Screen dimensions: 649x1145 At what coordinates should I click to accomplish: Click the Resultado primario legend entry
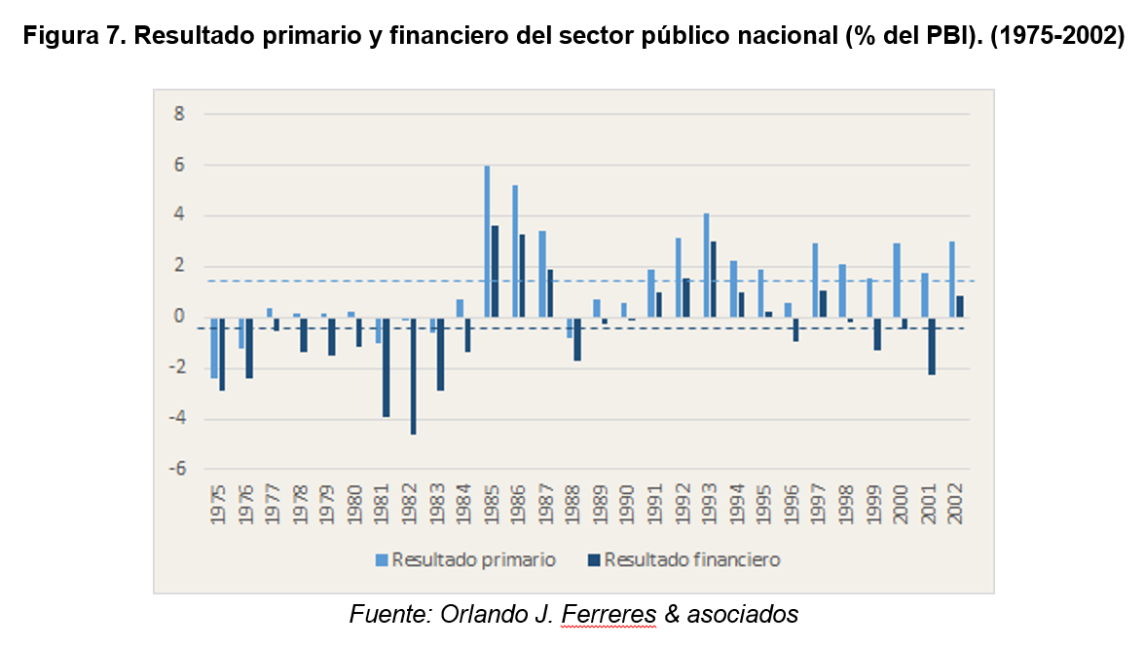point(466,559)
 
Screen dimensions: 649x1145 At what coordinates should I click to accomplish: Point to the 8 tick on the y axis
point(179,115)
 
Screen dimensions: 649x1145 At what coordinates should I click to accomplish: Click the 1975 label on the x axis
point(218,506)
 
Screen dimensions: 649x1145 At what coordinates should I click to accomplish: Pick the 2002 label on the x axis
point(956,506)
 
